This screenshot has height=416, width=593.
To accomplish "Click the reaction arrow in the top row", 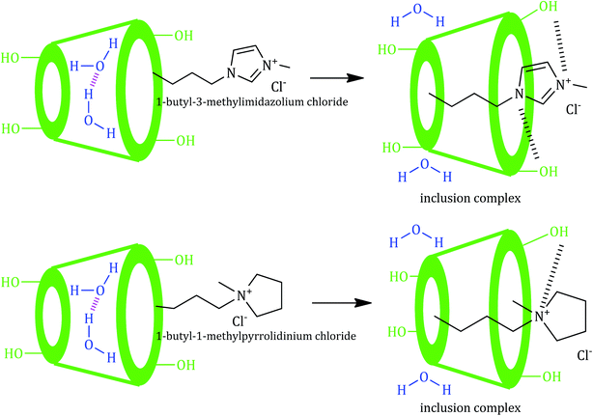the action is point(337,78).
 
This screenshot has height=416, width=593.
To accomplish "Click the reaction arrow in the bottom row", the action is point(342,303).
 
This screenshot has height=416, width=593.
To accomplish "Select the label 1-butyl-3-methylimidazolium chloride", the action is point(252,102).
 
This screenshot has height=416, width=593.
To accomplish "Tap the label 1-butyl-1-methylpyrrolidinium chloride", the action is point(256,336).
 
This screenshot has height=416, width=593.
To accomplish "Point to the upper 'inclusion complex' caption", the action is point(470,198).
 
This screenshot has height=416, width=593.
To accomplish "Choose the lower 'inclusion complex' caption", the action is point(470,408).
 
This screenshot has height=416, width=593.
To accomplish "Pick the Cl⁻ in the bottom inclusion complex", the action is point(584,355).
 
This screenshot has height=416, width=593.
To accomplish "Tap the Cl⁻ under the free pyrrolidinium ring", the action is point(239,321).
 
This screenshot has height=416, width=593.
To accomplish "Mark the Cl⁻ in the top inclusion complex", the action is point(573,109).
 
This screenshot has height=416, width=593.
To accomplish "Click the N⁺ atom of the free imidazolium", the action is point(270,65).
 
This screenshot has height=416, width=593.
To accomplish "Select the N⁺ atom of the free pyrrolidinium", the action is point(243,294).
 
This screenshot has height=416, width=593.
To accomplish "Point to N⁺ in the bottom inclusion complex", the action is point(541,316).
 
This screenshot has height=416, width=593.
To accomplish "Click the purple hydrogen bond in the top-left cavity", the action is point(94,80).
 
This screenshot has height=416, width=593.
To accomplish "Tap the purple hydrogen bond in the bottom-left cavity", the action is point(94,305).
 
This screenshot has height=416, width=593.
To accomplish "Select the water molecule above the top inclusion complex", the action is point(417,15).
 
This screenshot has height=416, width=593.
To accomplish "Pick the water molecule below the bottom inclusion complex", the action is point(424,383).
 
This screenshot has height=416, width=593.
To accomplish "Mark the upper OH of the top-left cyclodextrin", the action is point(184,36).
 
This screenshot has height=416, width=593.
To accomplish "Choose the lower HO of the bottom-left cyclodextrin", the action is point(14,353).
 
